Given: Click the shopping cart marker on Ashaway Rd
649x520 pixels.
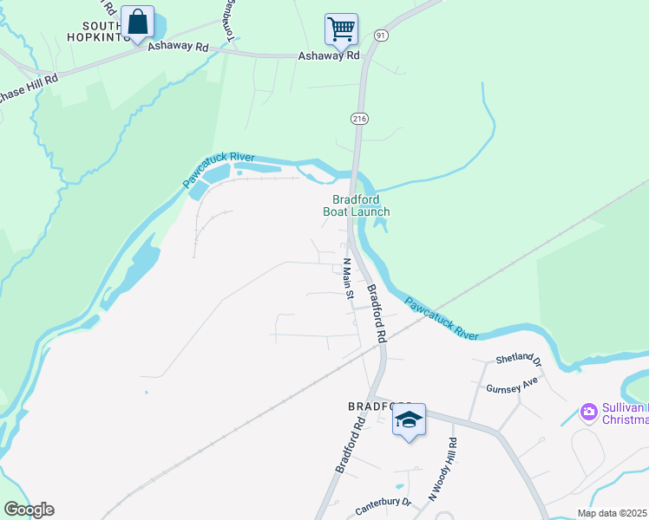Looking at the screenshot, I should click(x=341, y=29).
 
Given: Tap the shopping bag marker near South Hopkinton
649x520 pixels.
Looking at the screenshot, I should click(x=137, y=23).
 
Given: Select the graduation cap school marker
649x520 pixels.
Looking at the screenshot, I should click(x=409, y=420).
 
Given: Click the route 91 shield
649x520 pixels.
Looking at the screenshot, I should click(x=381, y=34).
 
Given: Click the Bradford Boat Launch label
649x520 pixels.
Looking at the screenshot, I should click(x=356, y=205).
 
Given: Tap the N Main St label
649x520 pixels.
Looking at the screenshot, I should click(x=347, y=278).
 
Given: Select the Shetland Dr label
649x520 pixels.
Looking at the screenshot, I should click(x=518, y=359).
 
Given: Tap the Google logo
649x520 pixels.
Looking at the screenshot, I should click(x=29, y=510).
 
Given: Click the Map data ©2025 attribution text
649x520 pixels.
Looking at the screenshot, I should click(x=613, y=513).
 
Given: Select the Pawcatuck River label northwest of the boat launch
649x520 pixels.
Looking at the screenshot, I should click(x=218, y=170).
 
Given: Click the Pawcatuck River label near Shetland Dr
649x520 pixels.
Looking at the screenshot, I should click(x=442, y=318).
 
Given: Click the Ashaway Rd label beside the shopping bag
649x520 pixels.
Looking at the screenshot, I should click(x=179, y=46).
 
